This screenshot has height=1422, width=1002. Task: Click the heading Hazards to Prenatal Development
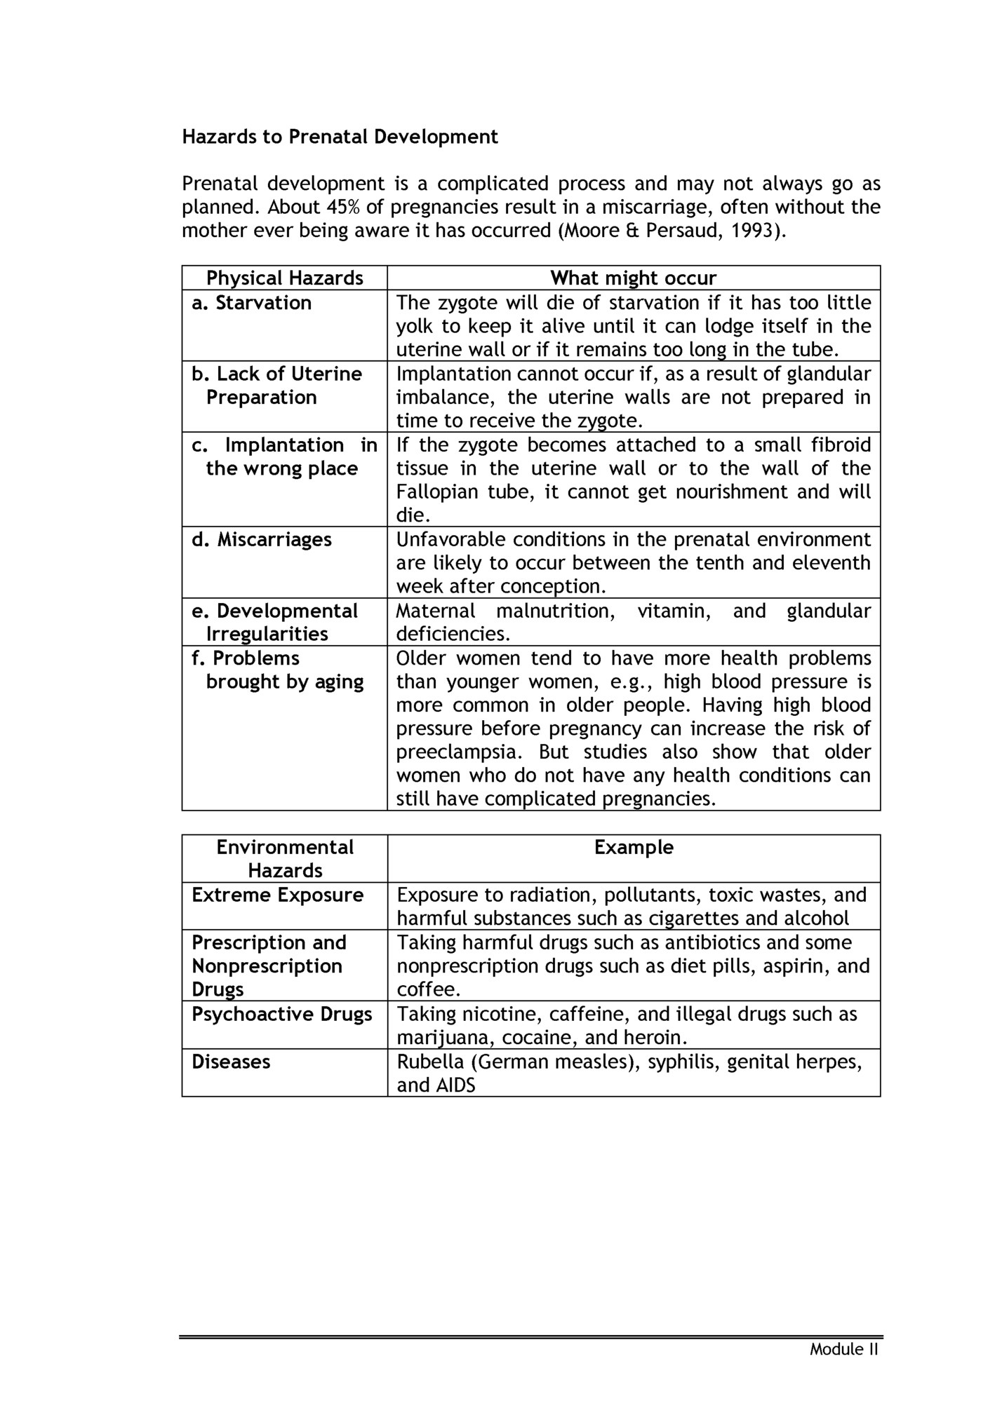tap(340, 137)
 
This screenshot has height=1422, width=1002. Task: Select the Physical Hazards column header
tap(284, 278)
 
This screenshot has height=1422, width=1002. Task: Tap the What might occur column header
tap(633, 278)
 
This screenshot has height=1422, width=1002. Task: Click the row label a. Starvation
tap(251, 303)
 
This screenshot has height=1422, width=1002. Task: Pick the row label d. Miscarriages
tap(261, 540)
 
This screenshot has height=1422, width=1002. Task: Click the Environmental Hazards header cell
tap(285, 859)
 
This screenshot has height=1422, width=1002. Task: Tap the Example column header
tap(634, 848)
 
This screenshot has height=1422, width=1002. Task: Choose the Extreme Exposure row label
tap(277, 895)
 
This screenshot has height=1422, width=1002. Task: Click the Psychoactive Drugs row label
tap(281, 1015)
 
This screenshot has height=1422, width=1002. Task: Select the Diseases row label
tap(231, 1062)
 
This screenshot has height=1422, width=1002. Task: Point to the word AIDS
tap(455, 1085)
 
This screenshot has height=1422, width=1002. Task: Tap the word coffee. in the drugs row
tap(429, 990)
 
